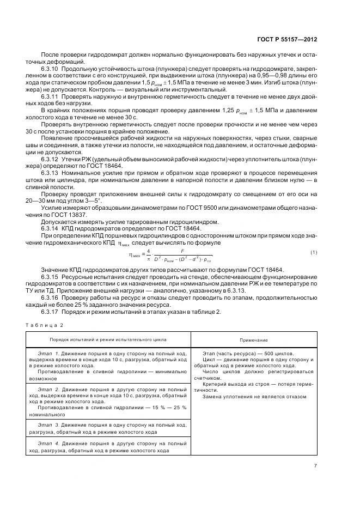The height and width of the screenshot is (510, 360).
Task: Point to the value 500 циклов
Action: pos(270,354)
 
